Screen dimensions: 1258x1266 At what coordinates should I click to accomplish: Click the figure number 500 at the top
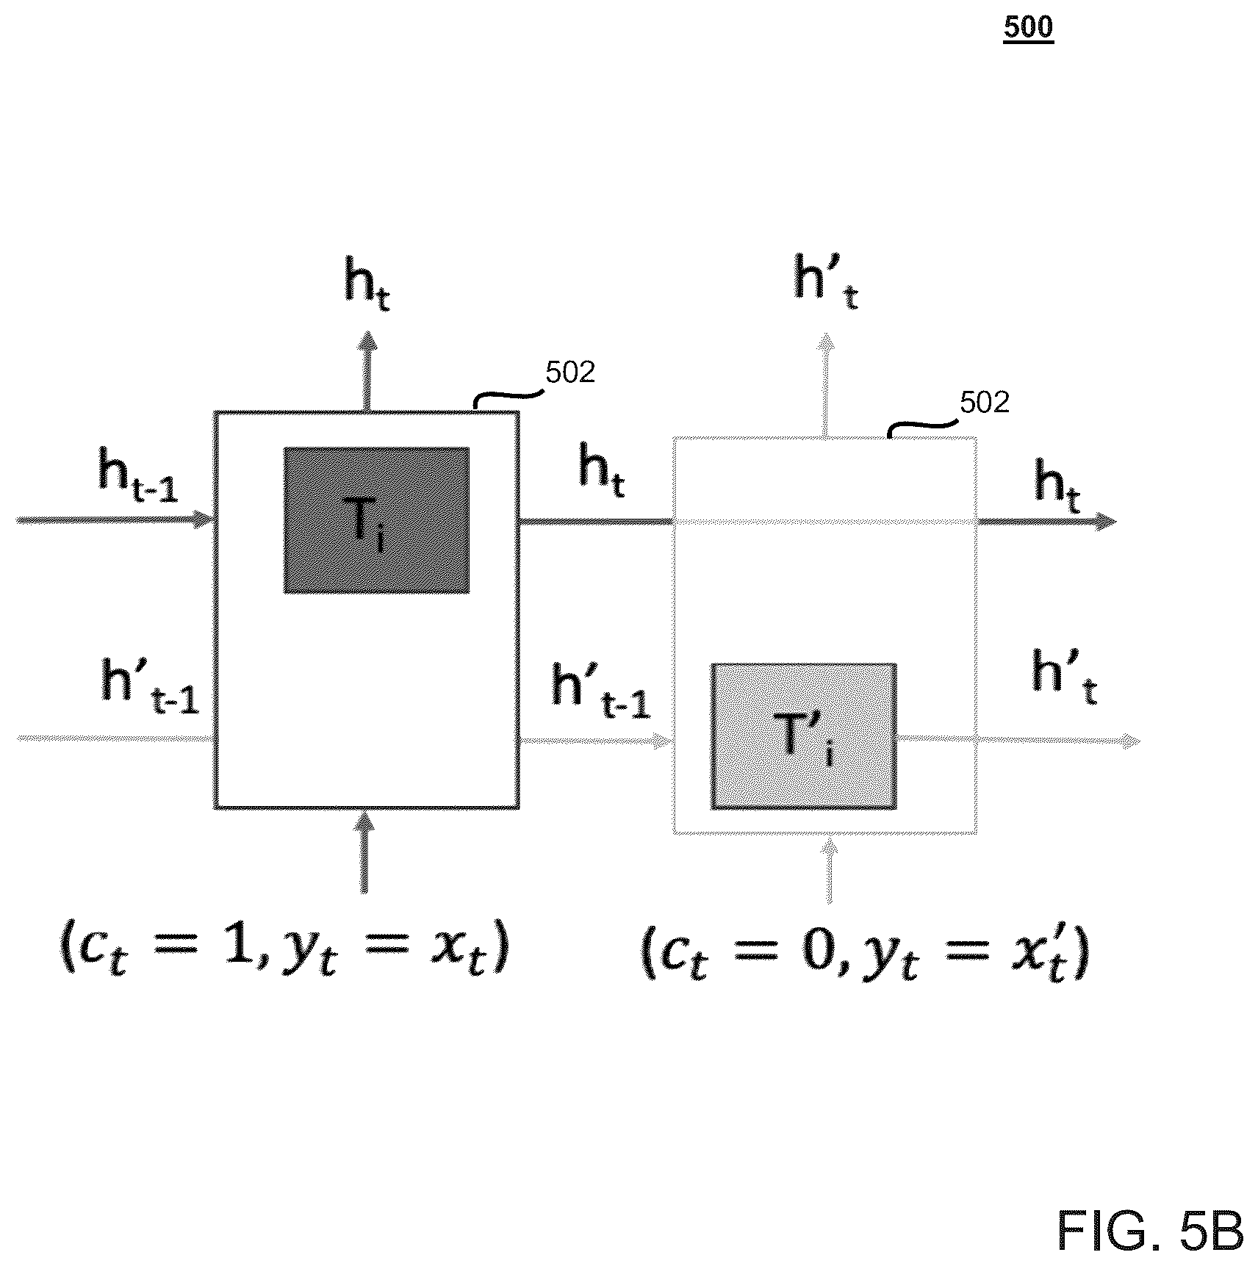pyautogui.click(x=1028, y=28)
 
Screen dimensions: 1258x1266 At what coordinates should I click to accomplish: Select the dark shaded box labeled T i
pyautogui.click(x=376, y=519)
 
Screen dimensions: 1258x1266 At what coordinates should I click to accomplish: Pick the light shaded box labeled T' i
pyautogui.click(x=804, y=736)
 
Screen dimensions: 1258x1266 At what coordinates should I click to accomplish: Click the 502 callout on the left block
pyautogui.click(x=570, y=373)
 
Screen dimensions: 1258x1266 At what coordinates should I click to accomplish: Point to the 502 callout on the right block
pyautogui.click(x=985, y=403)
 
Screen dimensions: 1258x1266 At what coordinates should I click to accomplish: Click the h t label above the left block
pyautogui.click(x=367, y=287)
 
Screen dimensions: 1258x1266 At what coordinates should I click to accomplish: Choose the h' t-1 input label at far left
pyautogui.click(x=150, y=687)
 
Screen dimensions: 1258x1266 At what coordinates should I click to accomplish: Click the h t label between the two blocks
pyautogui.click(x=602, y=471)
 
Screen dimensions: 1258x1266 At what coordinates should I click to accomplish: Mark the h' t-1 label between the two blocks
pyautogui.click(x=601, y=691)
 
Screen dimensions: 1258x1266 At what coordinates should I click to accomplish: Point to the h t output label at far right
pyautogui.click(x=1057, y=486)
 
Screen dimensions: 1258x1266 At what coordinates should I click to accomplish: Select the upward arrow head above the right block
pyautogui.click(x=826, y=343)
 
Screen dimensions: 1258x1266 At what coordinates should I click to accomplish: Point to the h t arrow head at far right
pyautogui.click(x=1107, y=522)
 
